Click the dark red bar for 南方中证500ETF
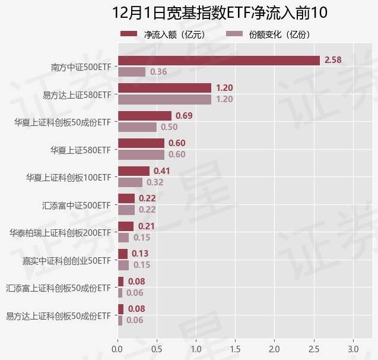218,60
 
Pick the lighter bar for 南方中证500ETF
131,72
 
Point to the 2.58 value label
333,60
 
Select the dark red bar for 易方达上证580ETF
164,88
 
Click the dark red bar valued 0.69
144,115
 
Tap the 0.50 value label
169,127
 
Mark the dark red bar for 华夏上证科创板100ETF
134,171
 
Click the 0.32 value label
155,182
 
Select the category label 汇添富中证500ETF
77,205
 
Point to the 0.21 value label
147,226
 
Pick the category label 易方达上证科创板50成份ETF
58,315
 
